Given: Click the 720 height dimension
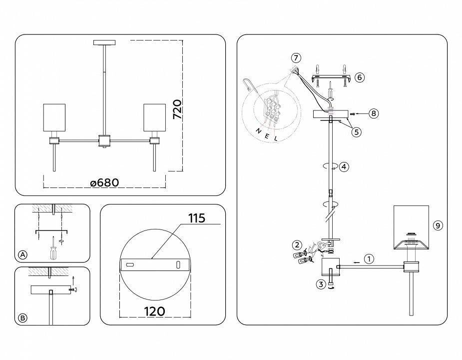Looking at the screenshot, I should click(177, 109).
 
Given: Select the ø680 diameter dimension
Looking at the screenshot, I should click(104, 182).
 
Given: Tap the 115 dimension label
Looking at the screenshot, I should click(197, 218).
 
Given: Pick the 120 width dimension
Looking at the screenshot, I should click(155, 311).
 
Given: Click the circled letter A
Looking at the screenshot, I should click(22, 255).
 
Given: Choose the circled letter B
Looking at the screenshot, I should click(22, 318).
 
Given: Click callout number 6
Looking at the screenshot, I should click(360, 77).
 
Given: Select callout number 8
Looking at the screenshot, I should click(373, 113).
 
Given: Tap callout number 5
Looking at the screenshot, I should click(356, 132).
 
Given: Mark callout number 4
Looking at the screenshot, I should click(344, 167).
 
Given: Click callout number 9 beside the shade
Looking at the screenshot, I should click(438, 225).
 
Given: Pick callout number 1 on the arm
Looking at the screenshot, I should click(368, 259).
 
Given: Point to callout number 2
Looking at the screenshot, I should click(297, 245).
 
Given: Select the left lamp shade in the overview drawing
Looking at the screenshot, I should click(54, 119).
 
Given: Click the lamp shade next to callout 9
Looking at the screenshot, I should click(411, 225).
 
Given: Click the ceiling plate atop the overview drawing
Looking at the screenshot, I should click(104, 42).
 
